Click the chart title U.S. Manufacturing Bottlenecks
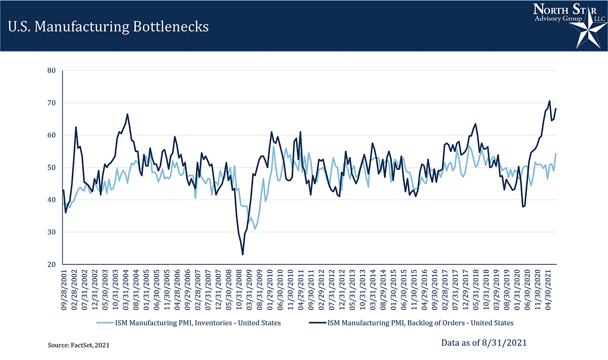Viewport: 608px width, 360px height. [x=108, y=26]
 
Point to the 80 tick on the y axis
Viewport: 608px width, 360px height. [x=51, y=70]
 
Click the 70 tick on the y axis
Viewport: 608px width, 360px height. [x=51, y=103]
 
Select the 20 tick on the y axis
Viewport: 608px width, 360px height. [x=51, y=264]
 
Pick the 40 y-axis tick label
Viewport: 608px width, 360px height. [x=51, y=200]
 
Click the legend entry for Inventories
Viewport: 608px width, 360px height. [x=190, y=323]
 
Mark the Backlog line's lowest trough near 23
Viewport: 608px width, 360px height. [x=243, y=254]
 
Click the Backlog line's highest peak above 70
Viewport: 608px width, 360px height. [x=549, y=101]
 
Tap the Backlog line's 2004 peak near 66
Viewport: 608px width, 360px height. [x=127, y=114]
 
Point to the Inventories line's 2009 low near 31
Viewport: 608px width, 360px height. [x=255, y=229]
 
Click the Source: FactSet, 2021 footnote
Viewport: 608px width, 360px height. [x=79, y=345]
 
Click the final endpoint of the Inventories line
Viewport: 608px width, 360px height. [x=556, y=154]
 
